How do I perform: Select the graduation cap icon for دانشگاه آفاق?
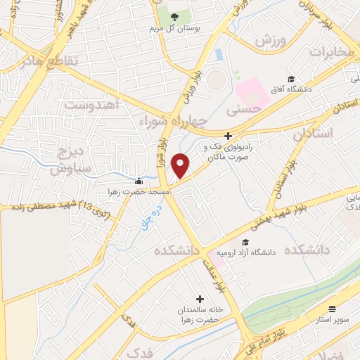click(x=290, y=79)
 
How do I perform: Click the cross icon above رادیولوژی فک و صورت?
click(x=227, y=136)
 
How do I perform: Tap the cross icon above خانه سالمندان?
click(x=200, y=298)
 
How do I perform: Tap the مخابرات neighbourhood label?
click(x=330, y=53)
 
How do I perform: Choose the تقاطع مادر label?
click(x=41, y=62)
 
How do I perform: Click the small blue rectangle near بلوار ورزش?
click(x=219, y=54)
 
